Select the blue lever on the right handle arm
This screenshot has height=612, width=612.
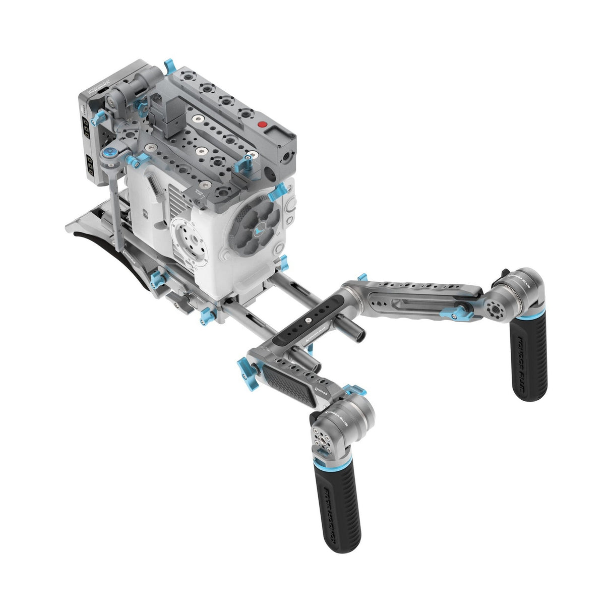tap(462, 313)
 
